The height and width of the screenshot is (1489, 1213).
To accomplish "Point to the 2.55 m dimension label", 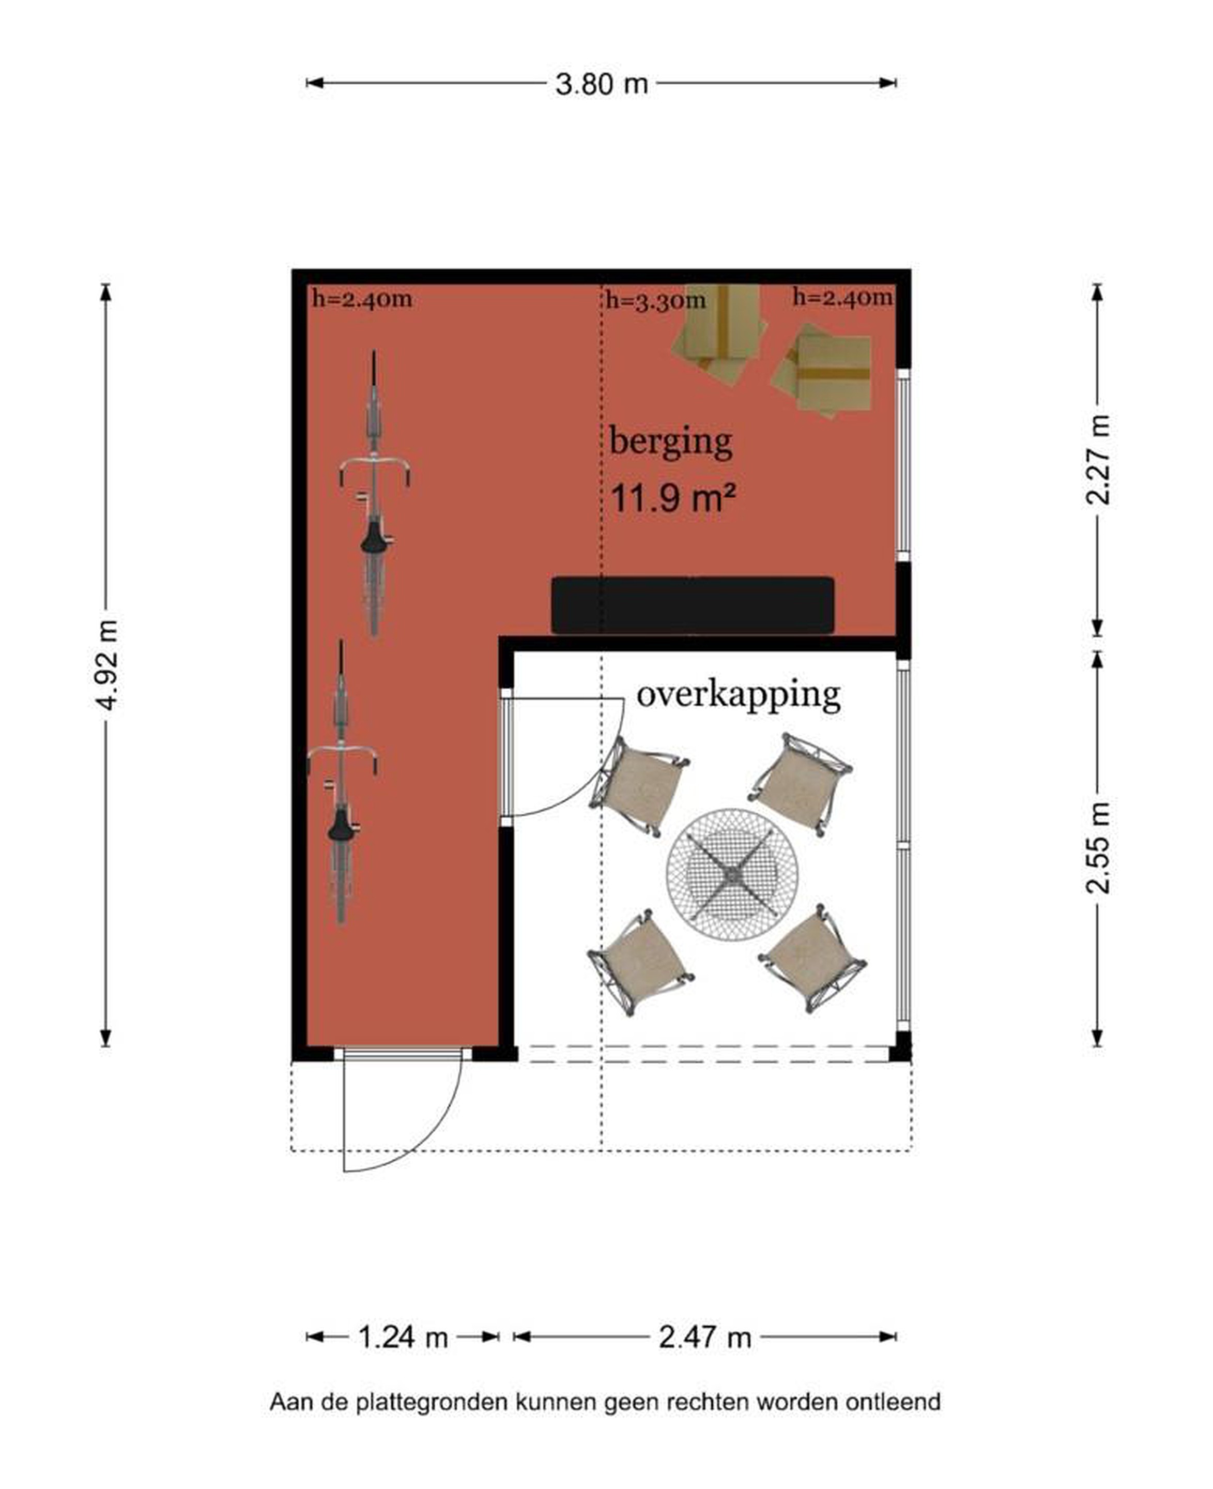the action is pos(1098,848).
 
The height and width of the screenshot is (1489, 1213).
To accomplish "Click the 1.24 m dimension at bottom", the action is pos(403,1338).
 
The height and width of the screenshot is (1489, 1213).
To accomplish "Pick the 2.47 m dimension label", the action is pos(704,1338).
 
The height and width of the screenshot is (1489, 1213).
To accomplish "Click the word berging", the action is pos(671,443).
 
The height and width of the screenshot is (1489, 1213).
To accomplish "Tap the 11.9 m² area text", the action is pos(673,498).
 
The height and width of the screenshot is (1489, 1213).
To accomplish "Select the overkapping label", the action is pos(738,695).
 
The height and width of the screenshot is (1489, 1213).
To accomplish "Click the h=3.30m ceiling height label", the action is pos(655,300).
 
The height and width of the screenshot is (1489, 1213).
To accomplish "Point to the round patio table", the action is pos(732,874).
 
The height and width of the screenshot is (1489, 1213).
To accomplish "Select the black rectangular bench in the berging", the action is pos(693,605).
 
